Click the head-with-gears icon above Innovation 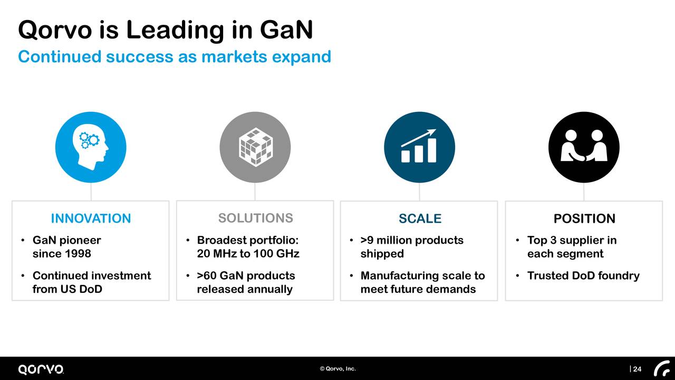pos(91,147)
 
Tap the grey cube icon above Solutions pos(255,147)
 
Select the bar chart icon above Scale pos(419,147)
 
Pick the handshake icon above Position pos(584,147)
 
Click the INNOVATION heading pos(91,218)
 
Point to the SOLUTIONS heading pos(255,218)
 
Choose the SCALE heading pos(420,218)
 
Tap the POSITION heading pos(584,218)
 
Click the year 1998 pos(76,254)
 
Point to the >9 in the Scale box pos(367,241)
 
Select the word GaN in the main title pos(286,30)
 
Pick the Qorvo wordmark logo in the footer pos(41,369)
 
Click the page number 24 pos(637,369)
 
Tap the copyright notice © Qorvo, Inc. pos(337,369)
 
